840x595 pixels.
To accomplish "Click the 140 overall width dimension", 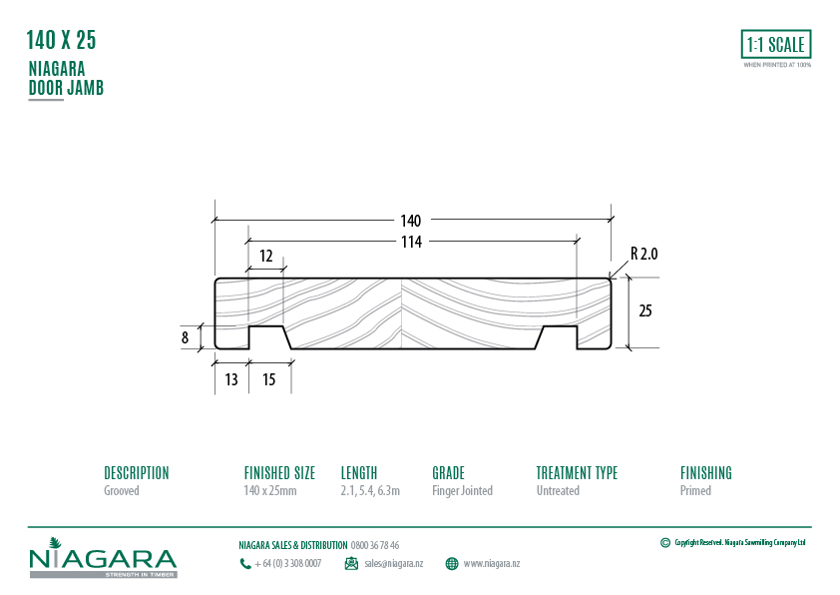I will [411, 221].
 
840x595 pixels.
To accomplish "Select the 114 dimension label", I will [411, 242].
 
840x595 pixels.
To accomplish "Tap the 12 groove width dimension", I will [265, 256].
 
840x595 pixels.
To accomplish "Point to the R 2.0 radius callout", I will [643, 255].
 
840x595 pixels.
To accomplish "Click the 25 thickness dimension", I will [644, 311].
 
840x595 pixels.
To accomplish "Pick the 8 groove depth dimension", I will [185, 337].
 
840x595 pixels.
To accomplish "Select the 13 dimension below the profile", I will [230, 379].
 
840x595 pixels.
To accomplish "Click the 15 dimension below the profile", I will [269, 379].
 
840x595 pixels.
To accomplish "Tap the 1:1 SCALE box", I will [776, 45].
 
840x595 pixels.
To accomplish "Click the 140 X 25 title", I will [61, 41].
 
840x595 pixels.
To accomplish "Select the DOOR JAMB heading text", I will [66, 88].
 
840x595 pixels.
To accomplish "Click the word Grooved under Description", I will [122, 491].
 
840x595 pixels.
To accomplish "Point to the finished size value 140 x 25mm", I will [269, 491].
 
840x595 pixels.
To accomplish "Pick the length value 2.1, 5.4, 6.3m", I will [370, 491].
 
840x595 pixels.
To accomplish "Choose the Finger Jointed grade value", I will [462, 491].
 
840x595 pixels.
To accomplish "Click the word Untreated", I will [558, 491].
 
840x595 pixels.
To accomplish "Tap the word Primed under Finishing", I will [695, 491].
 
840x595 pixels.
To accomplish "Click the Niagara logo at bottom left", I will [103, 560].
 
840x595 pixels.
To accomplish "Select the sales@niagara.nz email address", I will [393, 564].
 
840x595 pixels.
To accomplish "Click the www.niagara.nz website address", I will [491, 564].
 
